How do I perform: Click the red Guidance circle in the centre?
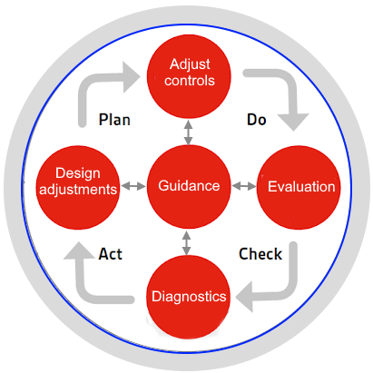pyautogui.click(x=189, y=187)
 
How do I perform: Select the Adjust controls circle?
pyautogui.click(x=189, y=76)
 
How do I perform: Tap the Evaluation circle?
pyautogui.click(x=299, y=187)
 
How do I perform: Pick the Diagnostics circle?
pyautogui.click(x=188, y=297)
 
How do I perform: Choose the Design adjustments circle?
pyautogui.click(x=78, y=187)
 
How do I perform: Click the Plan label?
pyautogui.click(x=114, y=120)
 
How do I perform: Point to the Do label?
pyautogui.click(x=257, y=120)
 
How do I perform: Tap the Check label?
pyautogui.click(x=260, y=254)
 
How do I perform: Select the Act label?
pyautogui.click(x=111, y=254)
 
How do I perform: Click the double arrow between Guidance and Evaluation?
pyautogui.click(x=244, y=186)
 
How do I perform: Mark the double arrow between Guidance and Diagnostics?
pyautogui.click(x=186, y=242)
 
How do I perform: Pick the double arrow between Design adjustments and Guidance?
pyautogui.click(x=133, y=186)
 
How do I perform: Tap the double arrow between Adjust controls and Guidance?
pyautogui.click(x=188, y=133)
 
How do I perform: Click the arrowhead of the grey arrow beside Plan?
pyautogui.click(x=132, y=77)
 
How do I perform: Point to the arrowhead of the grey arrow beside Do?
pyautogui.click(x=293, y=122)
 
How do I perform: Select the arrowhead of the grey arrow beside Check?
pyautogui.click(x=244, y=297)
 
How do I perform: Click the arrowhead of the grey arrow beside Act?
pyautogui.click(x=79, y=250)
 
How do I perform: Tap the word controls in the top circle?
pyautogui.click(x=190, y=81)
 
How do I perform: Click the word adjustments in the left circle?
pyautogui.click(x=78, y=190)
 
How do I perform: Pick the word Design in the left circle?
pyautogui.click(x=78, y=173)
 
